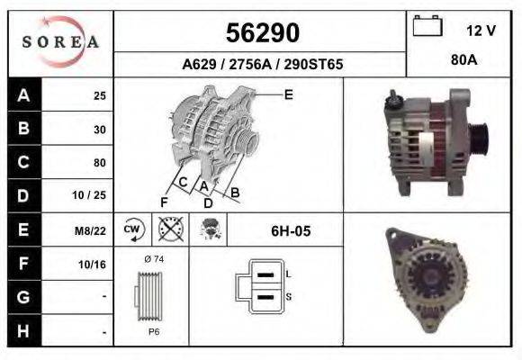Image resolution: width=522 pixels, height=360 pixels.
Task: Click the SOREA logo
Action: coord(60,42)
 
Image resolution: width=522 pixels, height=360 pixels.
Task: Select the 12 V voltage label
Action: coord(481,31)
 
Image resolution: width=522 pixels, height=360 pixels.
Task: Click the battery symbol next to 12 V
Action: coord(427,28)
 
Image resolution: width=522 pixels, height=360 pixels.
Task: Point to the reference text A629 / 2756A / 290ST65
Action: coord(262,65)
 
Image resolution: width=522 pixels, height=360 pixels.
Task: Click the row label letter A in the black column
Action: coord(22,95)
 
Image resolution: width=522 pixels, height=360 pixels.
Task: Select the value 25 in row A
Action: coord(99,95)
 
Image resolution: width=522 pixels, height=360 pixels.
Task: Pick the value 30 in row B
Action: coord(99,130)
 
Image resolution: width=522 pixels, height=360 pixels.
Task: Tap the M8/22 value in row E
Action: coord(91,231)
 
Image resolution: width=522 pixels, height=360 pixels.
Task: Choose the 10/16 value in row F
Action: coord(94,265)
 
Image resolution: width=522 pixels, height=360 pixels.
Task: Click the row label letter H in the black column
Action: coord(22,332)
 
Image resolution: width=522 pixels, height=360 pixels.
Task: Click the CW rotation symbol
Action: coord(132,230)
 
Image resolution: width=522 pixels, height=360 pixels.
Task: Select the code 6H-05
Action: coord(291,231)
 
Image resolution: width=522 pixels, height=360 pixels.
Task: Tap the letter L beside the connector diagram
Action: coord(288,273)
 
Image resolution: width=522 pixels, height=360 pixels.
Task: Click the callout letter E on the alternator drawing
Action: coord(288,94)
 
